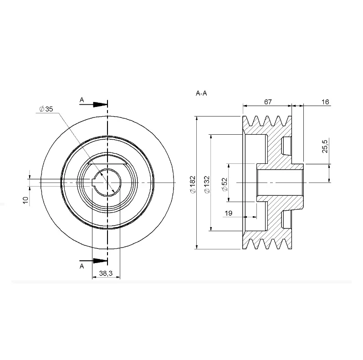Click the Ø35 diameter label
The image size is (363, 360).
[46, 109]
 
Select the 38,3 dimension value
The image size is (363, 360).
[106, 273]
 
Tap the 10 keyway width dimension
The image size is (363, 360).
[26, 200]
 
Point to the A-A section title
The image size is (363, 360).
[201, 93]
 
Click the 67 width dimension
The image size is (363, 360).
[268, 102]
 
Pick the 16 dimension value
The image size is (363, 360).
[325, 102]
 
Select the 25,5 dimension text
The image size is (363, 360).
[325, 146]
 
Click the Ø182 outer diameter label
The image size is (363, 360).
[193, 184]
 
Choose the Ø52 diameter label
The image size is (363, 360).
[225, 184]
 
